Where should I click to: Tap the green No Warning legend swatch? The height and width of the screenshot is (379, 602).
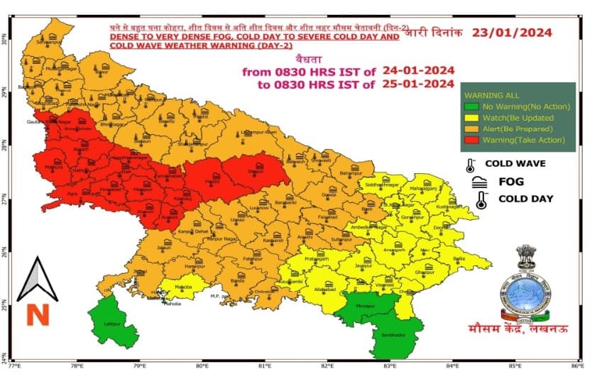pos(469,106)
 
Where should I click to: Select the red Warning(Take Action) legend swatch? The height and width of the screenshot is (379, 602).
pos(469,140)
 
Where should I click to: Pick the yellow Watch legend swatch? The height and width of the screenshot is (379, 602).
pos(469,117)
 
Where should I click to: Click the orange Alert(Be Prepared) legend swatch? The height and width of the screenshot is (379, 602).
pos(469,128)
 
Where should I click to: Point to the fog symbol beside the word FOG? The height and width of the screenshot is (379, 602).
pos(479,182)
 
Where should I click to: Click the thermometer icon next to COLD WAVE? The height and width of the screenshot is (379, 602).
pos(470,165)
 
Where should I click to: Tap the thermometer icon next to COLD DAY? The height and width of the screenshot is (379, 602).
pos(481,200)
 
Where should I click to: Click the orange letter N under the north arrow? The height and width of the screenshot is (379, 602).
pos(38,314)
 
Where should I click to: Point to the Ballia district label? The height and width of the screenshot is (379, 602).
pos(459,260)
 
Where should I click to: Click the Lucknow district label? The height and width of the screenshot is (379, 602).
pos(259,209)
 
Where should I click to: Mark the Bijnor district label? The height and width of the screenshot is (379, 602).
pos(101,72)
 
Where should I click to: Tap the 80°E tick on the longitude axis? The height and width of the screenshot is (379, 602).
pos(203,367)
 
